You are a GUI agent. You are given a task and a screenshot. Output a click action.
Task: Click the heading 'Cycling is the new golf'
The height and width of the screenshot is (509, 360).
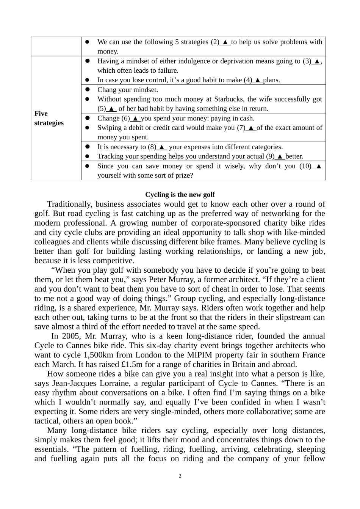180,195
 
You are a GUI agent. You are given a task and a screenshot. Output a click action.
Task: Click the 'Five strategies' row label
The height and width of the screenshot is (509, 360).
49,118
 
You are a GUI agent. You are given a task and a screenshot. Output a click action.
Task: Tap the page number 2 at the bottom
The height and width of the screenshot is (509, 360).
180,476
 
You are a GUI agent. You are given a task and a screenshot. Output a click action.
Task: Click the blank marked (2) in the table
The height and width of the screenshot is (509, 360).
225,42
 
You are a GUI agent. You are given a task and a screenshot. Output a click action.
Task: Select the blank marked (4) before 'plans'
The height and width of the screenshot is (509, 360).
258,80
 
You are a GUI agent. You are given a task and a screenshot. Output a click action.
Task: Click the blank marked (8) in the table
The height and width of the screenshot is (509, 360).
161,147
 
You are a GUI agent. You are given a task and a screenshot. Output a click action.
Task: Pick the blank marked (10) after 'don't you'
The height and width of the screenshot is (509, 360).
318,166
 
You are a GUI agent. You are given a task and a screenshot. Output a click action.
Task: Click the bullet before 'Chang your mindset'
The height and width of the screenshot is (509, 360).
87,90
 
